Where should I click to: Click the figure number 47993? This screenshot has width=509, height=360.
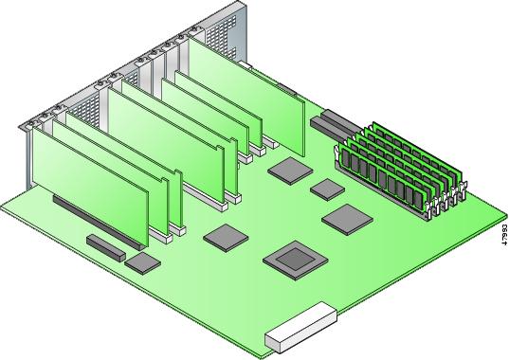point(504,233)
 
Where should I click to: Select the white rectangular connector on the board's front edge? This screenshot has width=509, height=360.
point(300,327)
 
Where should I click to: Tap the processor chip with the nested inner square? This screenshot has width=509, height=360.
point(296,261)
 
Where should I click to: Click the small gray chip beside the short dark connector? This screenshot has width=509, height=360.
point(142,263)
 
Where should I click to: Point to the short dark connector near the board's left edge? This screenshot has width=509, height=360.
point(106,248)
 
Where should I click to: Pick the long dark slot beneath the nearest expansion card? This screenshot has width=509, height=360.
point(98,222)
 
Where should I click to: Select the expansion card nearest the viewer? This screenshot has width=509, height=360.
point(91,187)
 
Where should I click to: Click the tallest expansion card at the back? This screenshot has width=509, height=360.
point(246,97)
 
